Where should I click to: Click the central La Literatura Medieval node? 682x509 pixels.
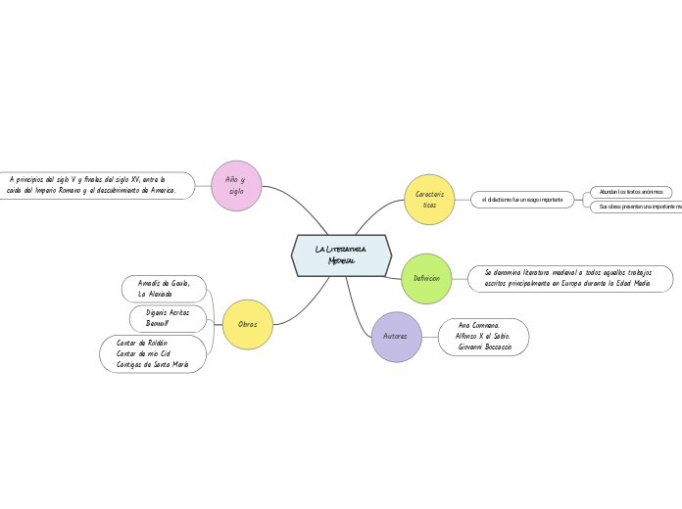[x=341, y=255]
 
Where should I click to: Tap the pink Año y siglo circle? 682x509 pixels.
[x=236, y=186]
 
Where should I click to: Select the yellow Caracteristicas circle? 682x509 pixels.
[x=429, y=200]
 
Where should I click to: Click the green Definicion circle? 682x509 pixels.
[x=426, y=279]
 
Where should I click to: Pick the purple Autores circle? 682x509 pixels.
[x=396, y=337]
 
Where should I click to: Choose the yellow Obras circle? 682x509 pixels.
[x=248, y=325]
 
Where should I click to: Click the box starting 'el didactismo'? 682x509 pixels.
[x=522, y=200]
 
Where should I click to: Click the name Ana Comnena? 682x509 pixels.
[x=478, y=325]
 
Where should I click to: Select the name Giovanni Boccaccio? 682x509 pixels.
[x=484, y=347]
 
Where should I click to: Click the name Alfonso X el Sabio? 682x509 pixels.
[x=482, y=336]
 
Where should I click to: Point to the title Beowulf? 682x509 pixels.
[x=158, y=323]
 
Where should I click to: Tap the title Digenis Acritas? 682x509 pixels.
[x=168, y=311]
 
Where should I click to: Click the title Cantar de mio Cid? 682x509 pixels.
[x=143, y=353]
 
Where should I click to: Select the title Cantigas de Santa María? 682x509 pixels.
[x=152, y=364]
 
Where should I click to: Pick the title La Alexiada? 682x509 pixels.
[x=155, y=294]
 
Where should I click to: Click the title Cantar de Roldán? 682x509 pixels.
[x=142, y=343]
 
